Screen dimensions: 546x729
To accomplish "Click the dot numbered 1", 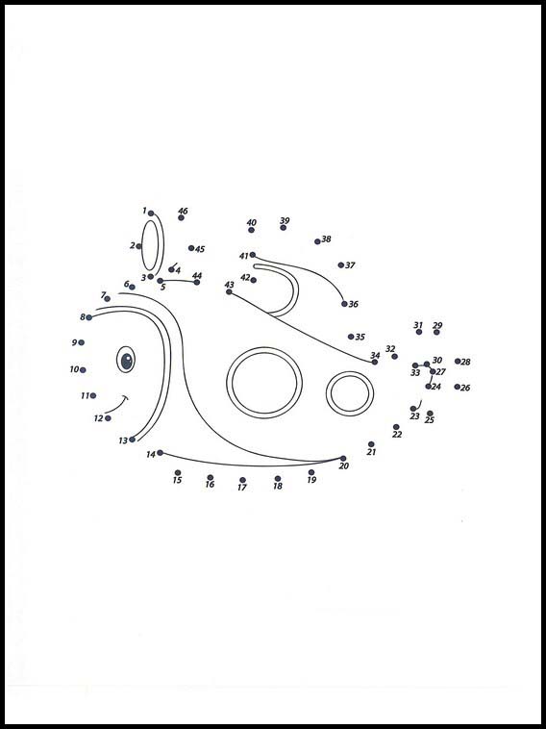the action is tap(151, 214).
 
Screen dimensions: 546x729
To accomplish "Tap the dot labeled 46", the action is tap(181, 217).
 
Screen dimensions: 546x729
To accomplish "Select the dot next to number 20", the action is tap(343, 458).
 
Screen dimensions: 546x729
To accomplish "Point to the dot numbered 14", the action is tap(160, 452).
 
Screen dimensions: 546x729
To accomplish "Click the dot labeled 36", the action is tap(344, 304).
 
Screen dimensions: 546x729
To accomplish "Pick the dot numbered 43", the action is tap(229, 291).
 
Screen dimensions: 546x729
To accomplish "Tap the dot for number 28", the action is tap(458, 362).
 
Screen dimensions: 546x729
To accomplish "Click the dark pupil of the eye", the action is tap(126, 361).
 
